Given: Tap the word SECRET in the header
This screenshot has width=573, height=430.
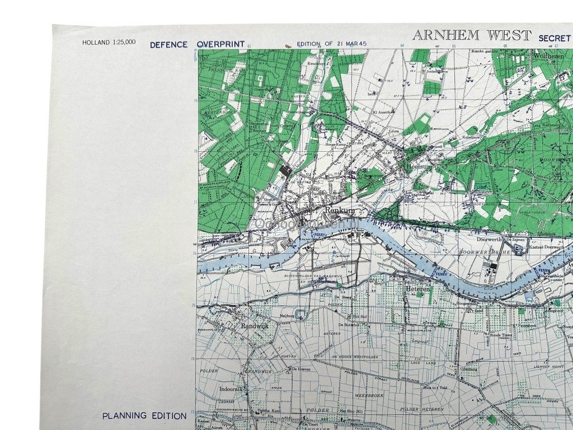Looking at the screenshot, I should pos(554,38).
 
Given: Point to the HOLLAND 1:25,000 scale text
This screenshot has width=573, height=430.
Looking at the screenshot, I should pos(109,43).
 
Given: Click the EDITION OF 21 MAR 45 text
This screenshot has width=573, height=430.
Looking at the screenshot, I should pos(331,43).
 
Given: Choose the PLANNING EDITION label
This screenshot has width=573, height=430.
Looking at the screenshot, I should pos(144,415).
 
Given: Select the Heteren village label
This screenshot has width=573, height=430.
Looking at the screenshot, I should pos(417,289).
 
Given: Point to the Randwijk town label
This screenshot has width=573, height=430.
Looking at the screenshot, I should pos(255,325).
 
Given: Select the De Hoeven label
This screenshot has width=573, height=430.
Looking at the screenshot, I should pos(301,369).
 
